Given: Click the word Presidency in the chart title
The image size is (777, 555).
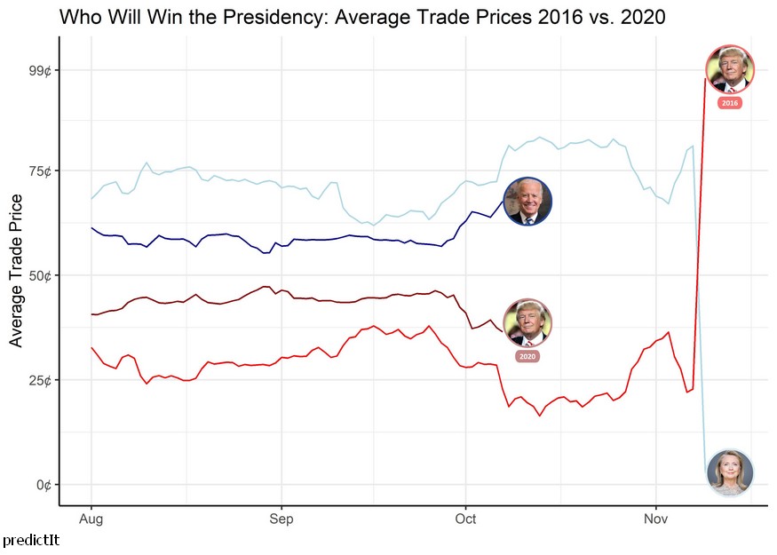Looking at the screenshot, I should point(254,17).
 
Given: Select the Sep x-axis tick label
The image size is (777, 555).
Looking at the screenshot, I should point(281,519).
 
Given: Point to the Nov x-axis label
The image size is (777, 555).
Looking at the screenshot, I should point(655,519).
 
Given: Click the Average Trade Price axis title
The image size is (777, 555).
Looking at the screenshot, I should point(16,274).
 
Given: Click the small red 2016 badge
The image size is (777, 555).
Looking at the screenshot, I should point(730,103).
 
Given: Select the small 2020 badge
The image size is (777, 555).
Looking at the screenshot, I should point(527,356).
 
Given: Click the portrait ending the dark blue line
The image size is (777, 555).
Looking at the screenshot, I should point(527,201).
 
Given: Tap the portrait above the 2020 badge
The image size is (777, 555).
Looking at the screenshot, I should point(527,323).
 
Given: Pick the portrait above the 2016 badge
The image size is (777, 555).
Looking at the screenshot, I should point(730,68).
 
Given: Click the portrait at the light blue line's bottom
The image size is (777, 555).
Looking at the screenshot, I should point(730,472).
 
